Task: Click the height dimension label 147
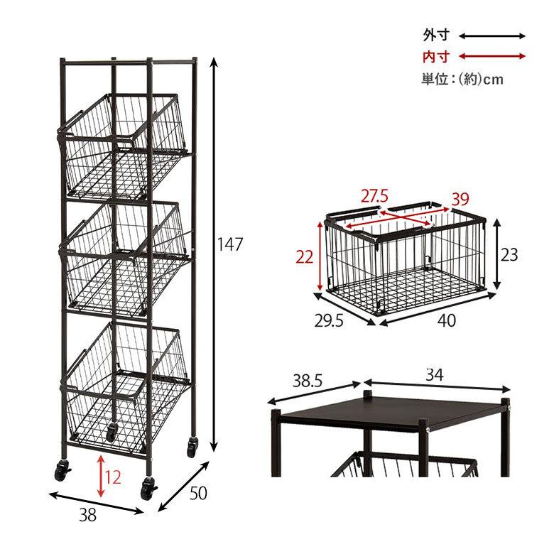pyautogui.click(x=230, y=244)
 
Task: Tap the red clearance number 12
pyautogui.click(x=113, y=478)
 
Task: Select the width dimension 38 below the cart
pyautogui.click(x=87, y=515)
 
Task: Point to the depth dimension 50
pyautogui.click(x=198, y=493)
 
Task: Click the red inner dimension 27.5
pyautogui.click(x=374, y=196)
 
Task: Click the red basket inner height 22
pyautogui.click(x=305, y=257)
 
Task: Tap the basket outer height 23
pyautogui.click(x=509, y=254)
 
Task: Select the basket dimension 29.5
pyautogui.click(x=329, y=321)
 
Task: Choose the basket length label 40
pyautogui.click(x=447, y=320)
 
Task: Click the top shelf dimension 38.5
pyautogui.click(x=308, y=381)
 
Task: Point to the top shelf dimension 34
pyautogui.click(x=434, y=375)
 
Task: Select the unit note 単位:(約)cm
pyautogui.click(x=462, y=79)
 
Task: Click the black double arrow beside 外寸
pyautogui.click(x=492, y=36)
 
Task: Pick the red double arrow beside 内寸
pyautogui.click(x=492, y=56)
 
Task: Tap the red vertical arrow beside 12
pyautogui.click(x=101, y=476)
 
